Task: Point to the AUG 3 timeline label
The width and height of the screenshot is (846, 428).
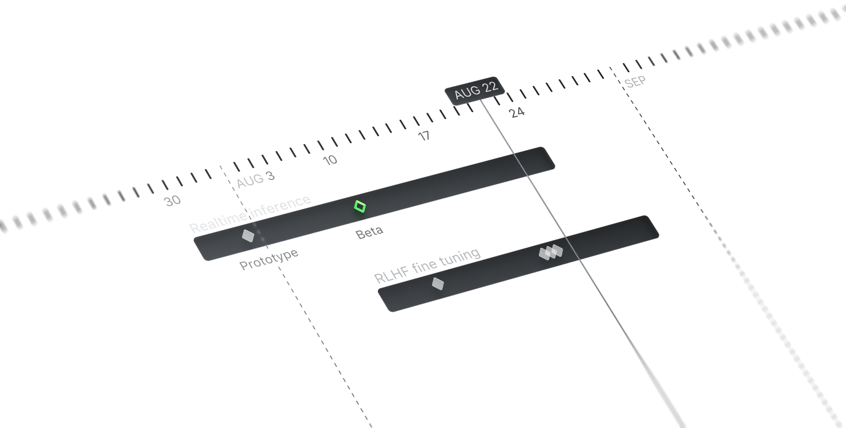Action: click(254, 181)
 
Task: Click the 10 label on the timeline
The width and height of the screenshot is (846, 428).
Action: click(330, 160)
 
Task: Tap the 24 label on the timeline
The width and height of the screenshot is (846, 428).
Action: click(517, 113)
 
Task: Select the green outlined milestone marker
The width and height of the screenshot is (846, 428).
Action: click(360, 207)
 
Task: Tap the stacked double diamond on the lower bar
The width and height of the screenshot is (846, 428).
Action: click(551, 252)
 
